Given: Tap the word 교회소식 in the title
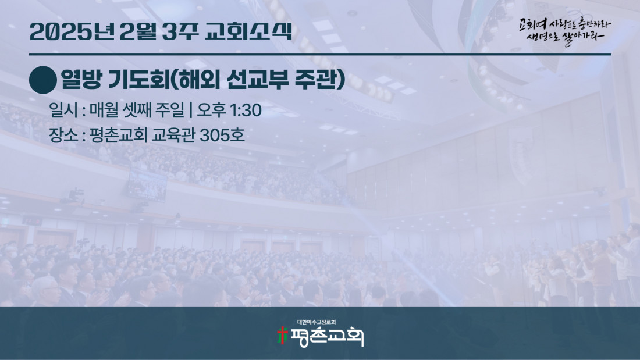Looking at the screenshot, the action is tap(248, 31).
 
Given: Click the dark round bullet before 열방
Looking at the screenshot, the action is tap(43, 80).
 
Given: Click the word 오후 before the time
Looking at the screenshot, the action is tap(212, 110).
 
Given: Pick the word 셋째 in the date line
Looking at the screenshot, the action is tap(137, 110).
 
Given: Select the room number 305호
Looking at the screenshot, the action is tap(222, 135).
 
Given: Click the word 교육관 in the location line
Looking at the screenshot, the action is tap(173, 135).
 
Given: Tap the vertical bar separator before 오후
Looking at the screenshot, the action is tap(191, 110).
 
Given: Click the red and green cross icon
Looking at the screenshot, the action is tap(282, 336).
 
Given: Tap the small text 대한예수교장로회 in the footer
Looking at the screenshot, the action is tap(317, 322).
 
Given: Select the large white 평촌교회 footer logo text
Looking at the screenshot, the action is tap(326, 337).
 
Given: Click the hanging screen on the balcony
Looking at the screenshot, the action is tap(147, 186).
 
